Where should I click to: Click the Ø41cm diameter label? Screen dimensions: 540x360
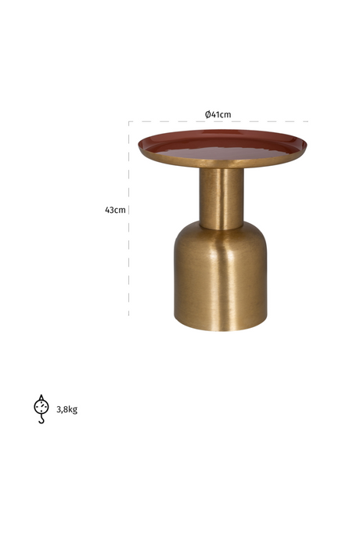tap(218, 114)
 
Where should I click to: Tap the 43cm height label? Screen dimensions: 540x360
tap(115, 210)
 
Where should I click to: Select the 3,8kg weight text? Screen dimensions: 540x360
tap(67, 409)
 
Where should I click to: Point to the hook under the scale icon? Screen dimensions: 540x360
tap(41, 420)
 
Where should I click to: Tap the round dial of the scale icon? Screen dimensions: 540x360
tap(41, 407)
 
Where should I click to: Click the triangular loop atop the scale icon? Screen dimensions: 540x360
tap(41, 397)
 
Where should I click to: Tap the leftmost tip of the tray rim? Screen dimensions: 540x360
tap(139, 143)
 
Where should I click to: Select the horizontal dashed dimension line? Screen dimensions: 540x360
tap(258, 121)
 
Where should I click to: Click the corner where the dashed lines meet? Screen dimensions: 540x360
tap(129, 121)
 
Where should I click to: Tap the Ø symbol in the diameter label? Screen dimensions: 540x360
tap(208, 114)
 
